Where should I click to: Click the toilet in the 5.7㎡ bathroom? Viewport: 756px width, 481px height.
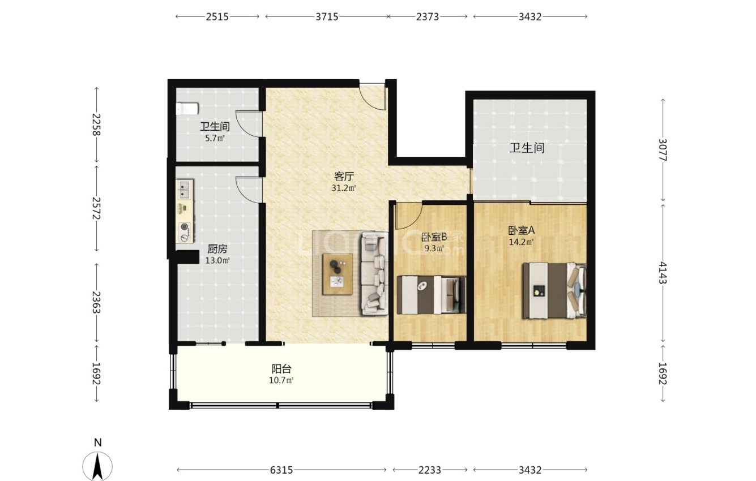[x=187, y=109]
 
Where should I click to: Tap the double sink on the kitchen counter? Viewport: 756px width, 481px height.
[x=184, y=189]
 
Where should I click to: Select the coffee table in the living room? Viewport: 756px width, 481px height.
[x=338, y=274]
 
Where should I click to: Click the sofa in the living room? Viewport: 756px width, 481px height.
[x=374, y=273]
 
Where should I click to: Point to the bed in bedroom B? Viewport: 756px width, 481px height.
[x=432, y=295]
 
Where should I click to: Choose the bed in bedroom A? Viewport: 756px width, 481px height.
[x=554, y=290]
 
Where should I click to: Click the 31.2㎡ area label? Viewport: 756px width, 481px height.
[x=344, y=188]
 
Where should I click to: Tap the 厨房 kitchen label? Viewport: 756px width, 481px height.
[x=217, y=249]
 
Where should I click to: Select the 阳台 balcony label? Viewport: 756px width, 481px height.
[x=281, y=369]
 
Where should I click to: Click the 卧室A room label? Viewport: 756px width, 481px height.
[x=522, y=230]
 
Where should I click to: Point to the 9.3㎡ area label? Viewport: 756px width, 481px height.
[x=434, y=248]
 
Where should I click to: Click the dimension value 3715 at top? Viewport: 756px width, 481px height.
[x=327, y=16]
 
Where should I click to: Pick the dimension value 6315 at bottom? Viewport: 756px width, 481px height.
[x=281, y=470]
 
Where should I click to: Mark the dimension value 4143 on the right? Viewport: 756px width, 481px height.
[x=663, y=273]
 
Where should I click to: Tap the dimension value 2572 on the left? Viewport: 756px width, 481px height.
[x=96, y=208]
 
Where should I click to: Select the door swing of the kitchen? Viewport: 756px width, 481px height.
[x=249, y=190]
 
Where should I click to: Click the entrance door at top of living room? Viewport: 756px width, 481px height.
[x=372, y=96]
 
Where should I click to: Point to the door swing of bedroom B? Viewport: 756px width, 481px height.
[x=409, y=216]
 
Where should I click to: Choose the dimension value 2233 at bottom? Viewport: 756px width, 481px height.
[x=430, y=470]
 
